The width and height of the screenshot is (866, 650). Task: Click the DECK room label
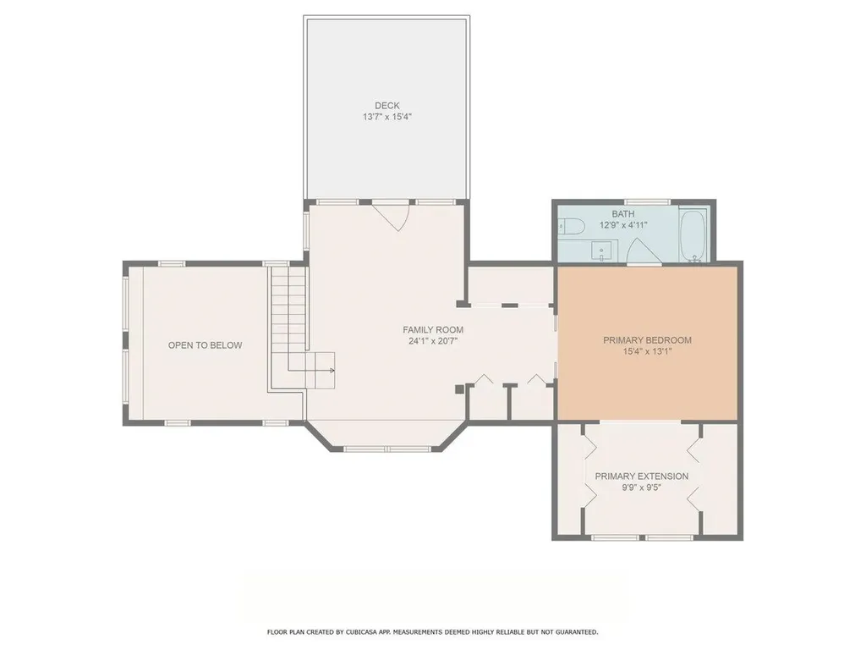(386, 106)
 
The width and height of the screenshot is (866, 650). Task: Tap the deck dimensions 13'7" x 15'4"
(386, 117)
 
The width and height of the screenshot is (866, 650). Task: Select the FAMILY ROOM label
(432, 330)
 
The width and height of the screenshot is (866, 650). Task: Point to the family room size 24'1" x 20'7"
(432, 342)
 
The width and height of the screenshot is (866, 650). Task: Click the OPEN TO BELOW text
(205, 345)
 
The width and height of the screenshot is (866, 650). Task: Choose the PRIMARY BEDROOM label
(647, 340)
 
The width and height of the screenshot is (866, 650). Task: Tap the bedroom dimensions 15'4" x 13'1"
(647, 352)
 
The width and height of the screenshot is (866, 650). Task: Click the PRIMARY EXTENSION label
(641, 476)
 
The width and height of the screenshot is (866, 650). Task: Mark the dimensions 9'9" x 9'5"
(641, 488)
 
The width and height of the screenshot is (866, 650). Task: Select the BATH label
(622, 214)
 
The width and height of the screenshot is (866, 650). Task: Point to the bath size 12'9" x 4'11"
(622, 225)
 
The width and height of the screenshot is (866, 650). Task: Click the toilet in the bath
(569, 226)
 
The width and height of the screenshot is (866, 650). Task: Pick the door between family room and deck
(390, 215)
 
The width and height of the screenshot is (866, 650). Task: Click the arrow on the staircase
(332, 371)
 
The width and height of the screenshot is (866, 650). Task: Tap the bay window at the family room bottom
(386, 448)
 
